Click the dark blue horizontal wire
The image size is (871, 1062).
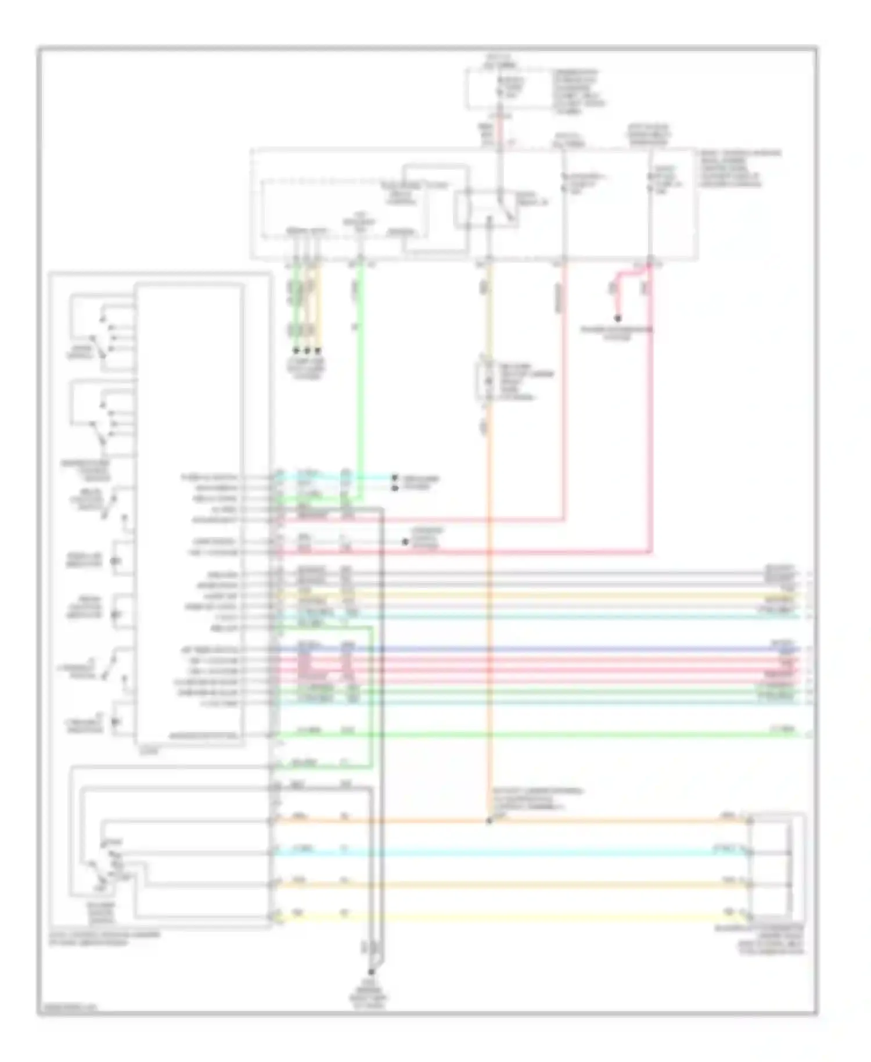[523, 649]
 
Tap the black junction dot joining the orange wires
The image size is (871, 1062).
[489, 821]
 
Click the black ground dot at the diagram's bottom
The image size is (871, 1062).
[370, 971]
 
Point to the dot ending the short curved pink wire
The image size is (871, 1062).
[618, 319]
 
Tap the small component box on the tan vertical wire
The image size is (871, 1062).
[485, 381]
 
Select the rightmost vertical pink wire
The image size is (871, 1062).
[651, 407]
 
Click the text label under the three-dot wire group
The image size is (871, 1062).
[307, 368]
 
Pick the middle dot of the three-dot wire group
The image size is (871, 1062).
[307, 351]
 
